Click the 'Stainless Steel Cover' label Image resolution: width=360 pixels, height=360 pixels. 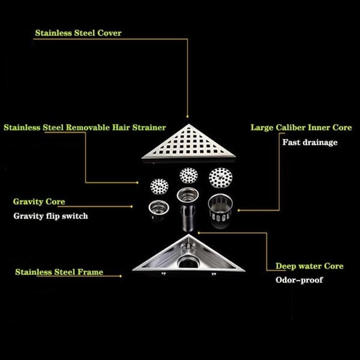[78, 33]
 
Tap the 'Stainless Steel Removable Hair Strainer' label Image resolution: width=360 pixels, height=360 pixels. [85, 127]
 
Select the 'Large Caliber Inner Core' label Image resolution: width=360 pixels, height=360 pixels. [301, 127]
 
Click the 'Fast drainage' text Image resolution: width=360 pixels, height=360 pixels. [310, 142]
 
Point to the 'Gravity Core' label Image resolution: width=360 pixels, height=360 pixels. [39, 202]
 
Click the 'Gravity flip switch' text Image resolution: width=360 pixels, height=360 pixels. [51, 216]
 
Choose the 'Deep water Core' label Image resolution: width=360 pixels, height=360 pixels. [310, 266]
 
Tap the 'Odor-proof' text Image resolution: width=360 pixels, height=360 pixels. [299, 280]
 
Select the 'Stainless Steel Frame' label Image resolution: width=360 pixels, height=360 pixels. [59, 272]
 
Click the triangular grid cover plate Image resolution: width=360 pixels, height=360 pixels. [188, 143]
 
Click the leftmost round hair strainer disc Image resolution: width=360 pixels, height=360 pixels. [159, 187]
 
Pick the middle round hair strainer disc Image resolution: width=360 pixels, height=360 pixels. [188, 175]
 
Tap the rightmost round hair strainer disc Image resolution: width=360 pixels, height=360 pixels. [220, 178]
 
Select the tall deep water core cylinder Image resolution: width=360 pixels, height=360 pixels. [188, 208]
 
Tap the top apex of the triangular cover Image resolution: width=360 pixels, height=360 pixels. [189, 124]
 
